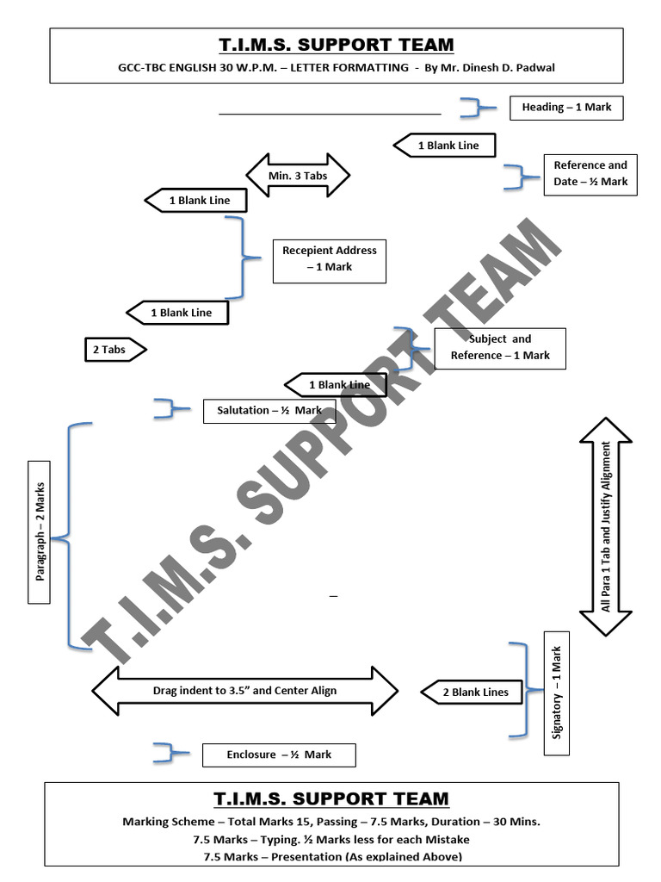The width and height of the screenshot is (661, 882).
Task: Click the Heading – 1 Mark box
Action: pos(565,108)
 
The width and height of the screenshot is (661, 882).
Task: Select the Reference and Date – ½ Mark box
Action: pos(590,174)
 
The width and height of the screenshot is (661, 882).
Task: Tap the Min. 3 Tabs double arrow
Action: pos(298,176)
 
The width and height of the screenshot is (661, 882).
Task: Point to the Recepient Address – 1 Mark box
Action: pos(329,258)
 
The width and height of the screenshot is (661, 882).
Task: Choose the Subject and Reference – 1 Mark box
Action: pos(499,347)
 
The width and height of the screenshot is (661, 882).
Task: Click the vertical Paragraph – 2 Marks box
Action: pos(40,531)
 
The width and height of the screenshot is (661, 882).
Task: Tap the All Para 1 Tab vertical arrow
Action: pos(606,526)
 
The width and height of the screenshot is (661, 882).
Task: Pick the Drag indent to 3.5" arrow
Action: pos(244,691)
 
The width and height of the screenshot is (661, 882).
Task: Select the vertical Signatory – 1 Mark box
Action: pos(556,693)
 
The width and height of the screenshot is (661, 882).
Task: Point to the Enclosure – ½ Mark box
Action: pos(278,755)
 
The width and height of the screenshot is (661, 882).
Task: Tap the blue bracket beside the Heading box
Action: pos(474,108)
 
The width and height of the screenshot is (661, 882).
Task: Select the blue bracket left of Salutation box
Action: pos(170,409)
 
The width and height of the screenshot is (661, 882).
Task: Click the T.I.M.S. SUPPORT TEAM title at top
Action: pos(335,45)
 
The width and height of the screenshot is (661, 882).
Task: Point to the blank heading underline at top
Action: pos(330,113)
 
